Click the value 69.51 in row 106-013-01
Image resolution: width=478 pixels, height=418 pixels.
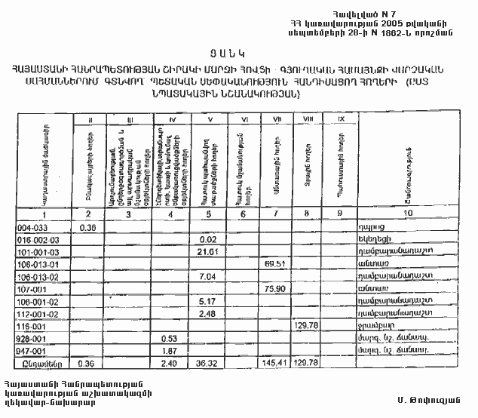(x=279, y=264)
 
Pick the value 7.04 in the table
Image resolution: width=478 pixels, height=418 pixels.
(x=207, y=276)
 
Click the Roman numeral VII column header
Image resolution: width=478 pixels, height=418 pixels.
(x=277, y=118)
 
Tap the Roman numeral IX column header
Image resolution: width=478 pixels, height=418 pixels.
(x=341, y=118)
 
